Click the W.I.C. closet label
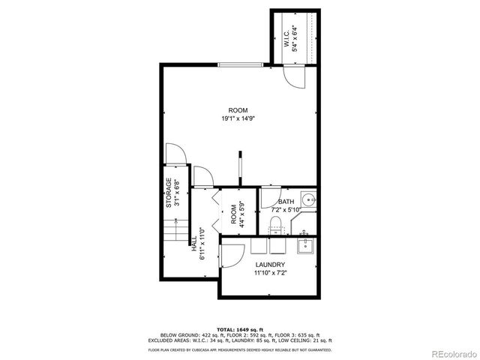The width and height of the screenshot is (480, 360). (287, 37)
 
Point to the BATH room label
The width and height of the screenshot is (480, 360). (286, 202)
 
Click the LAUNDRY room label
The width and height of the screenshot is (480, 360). (270, 265)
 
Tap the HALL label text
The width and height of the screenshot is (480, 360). (194, 247)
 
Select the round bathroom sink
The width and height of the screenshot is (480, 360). (307, 200)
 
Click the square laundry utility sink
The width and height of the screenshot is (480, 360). (304, 245)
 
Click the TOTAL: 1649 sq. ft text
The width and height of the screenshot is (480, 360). (239, 329)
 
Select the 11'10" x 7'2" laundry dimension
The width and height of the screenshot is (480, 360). (270, 273)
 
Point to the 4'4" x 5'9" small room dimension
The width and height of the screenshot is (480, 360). (242, 214)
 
